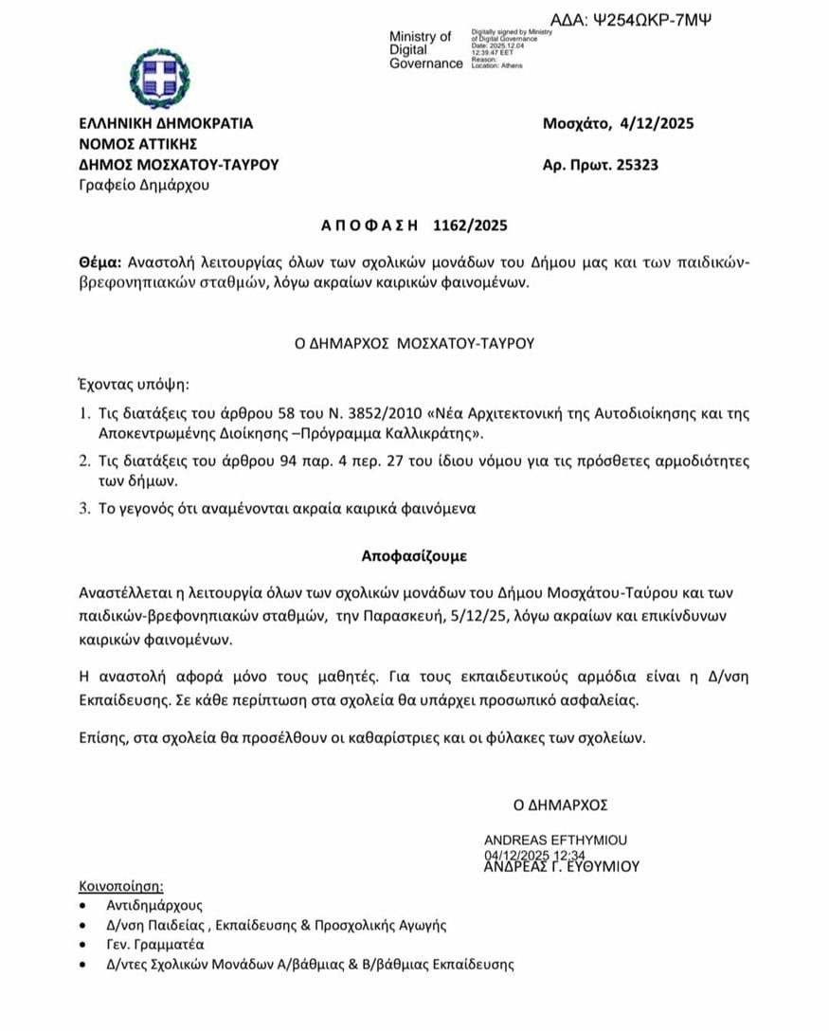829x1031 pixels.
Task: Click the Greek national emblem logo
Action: click(x=159, y=78)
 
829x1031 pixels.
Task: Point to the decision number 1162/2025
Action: click(x=471, y=226)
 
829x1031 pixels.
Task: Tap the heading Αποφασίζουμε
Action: click(x=414, y=554)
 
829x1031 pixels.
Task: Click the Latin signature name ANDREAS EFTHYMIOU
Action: click(x=555, y=841)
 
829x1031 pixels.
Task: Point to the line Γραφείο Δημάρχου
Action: click(x=144, y=185)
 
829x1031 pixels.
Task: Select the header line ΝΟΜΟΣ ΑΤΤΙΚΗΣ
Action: click(x=138, y=144)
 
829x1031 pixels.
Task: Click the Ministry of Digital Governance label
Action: click(x=425, y=50)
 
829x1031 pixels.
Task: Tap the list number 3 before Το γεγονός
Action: click(x=84, y=509)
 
